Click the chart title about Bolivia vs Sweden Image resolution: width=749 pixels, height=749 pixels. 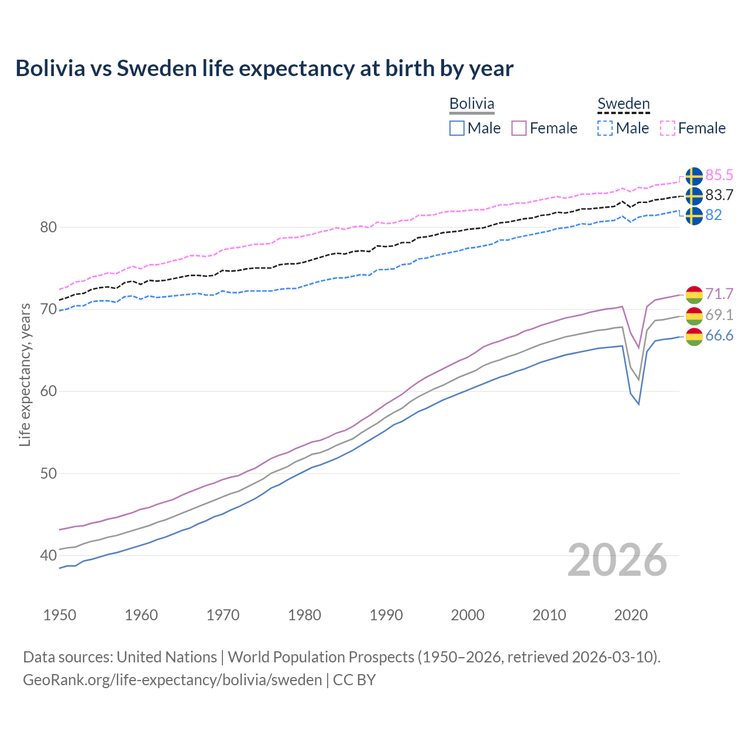(264, 68)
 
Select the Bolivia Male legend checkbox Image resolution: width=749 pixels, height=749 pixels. (457, 128)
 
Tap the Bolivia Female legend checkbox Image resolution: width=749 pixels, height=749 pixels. (519, 128)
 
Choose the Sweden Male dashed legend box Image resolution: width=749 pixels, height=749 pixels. (605, 128)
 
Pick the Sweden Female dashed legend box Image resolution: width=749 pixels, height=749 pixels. (668, 128)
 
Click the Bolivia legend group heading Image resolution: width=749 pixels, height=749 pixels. (472, 104)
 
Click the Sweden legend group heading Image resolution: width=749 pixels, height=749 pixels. (623, 104)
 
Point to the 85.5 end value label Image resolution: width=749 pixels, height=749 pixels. (719, 175)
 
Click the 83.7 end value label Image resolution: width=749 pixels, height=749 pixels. (719, 195)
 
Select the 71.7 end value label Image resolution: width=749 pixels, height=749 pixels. (719, 294)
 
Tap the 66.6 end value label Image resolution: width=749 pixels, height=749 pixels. (719, 335)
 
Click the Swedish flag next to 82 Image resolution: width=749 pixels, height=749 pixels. (694, 215)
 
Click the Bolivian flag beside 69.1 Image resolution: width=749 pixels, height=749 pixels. (694, 316)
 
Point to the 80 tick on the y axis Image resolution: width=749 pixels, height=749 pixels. (48, 227)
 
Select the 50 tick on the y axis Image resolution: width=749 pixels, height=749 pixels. (48, 473)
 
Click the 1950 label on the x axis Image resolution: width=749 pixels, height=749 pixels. (60, 615)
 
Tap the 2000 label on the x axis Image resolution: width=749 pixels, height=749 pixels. (468, 615)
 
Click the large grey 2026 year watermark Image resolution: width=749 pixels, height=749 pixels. (617, 561)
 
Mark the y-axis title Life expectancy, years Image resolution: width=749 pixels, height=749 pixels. (25, 374)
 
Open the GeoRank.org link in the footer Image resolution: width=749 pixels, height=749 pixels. (173, 680)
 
